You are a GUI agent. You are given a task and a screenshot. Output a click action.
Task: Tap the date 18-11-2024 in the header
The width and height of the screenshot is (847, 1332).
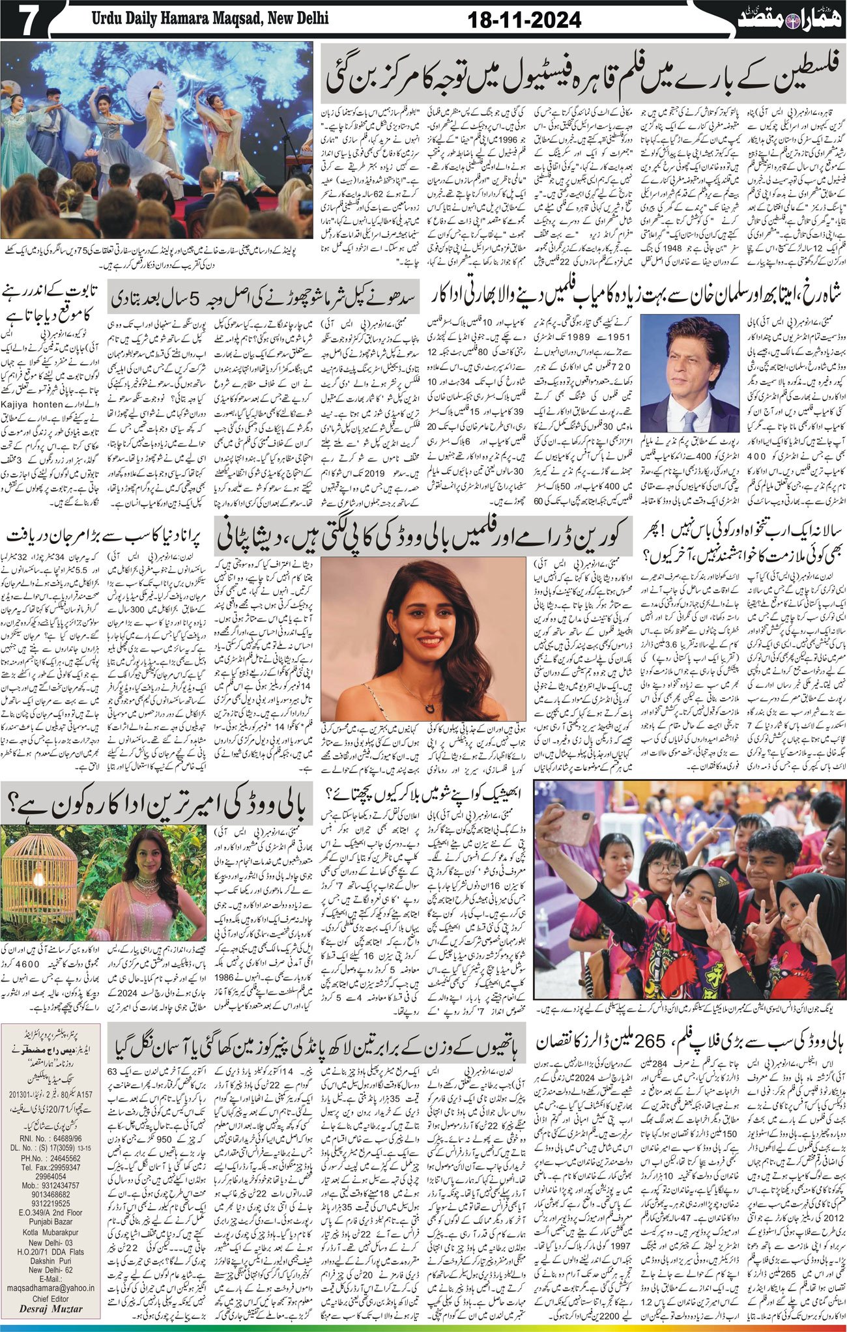pos(524,20)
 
